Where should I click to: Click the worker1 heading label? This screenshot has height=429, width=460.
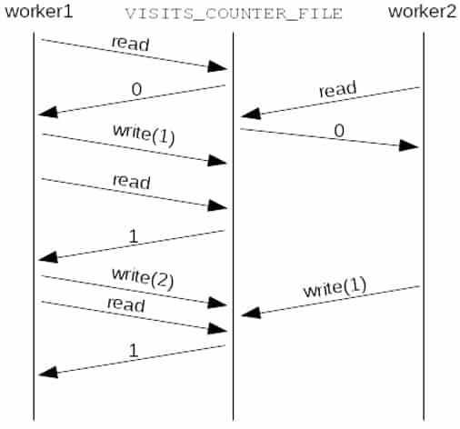click(39, 12)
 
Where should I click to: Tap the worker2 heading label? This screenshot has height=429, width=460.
click(422, 12)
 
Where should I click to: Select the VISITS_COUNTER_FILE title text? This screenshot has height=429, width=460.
click(234, 14)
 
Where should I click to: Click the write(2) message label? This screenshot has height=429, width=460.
click(143, 278)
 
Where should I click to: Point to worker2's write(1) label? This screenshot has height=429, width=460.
click(335, 287)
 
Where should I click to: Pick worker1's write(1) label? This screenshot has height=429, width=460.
click(144, 135)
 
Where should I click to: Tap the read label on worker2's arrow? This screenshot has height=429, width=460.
click(337, 89)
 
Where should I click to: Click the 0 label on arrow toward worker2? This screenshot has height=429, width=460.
click(339, 131)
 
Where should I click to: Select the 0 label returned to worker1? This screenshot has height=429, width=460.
click(136, 89)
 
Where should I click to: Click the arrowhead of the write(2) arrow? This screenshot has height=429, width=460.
click(217, 303)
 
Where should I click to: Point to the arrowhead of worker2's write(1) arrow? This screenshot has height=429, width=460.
click(251, 313)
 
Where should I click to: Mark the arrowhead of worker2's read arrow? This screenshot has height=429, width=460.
click(251, 114)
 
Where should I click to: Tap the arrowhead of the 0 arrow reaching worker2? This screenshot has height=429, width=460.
click(408, 145)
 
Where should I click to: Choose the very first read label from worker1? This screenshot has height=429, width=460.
click(130, 44)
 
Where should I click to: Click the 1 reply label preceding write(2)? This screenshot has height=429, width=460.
click(134, 236)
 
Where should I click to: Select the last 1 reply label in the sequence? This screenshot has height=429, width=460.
click(134, 350)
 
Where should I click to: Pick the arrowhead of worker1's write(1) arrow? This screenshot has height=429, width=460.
click(217, 161)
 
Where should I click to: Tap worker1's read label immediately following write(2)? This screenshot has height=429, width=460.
click(126, 304)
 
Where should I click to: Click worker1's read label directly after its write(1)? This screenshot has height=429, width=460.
click(132, 182)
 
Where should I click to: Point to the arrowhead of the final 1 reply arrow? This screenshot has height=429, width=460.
click(48, 373)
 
